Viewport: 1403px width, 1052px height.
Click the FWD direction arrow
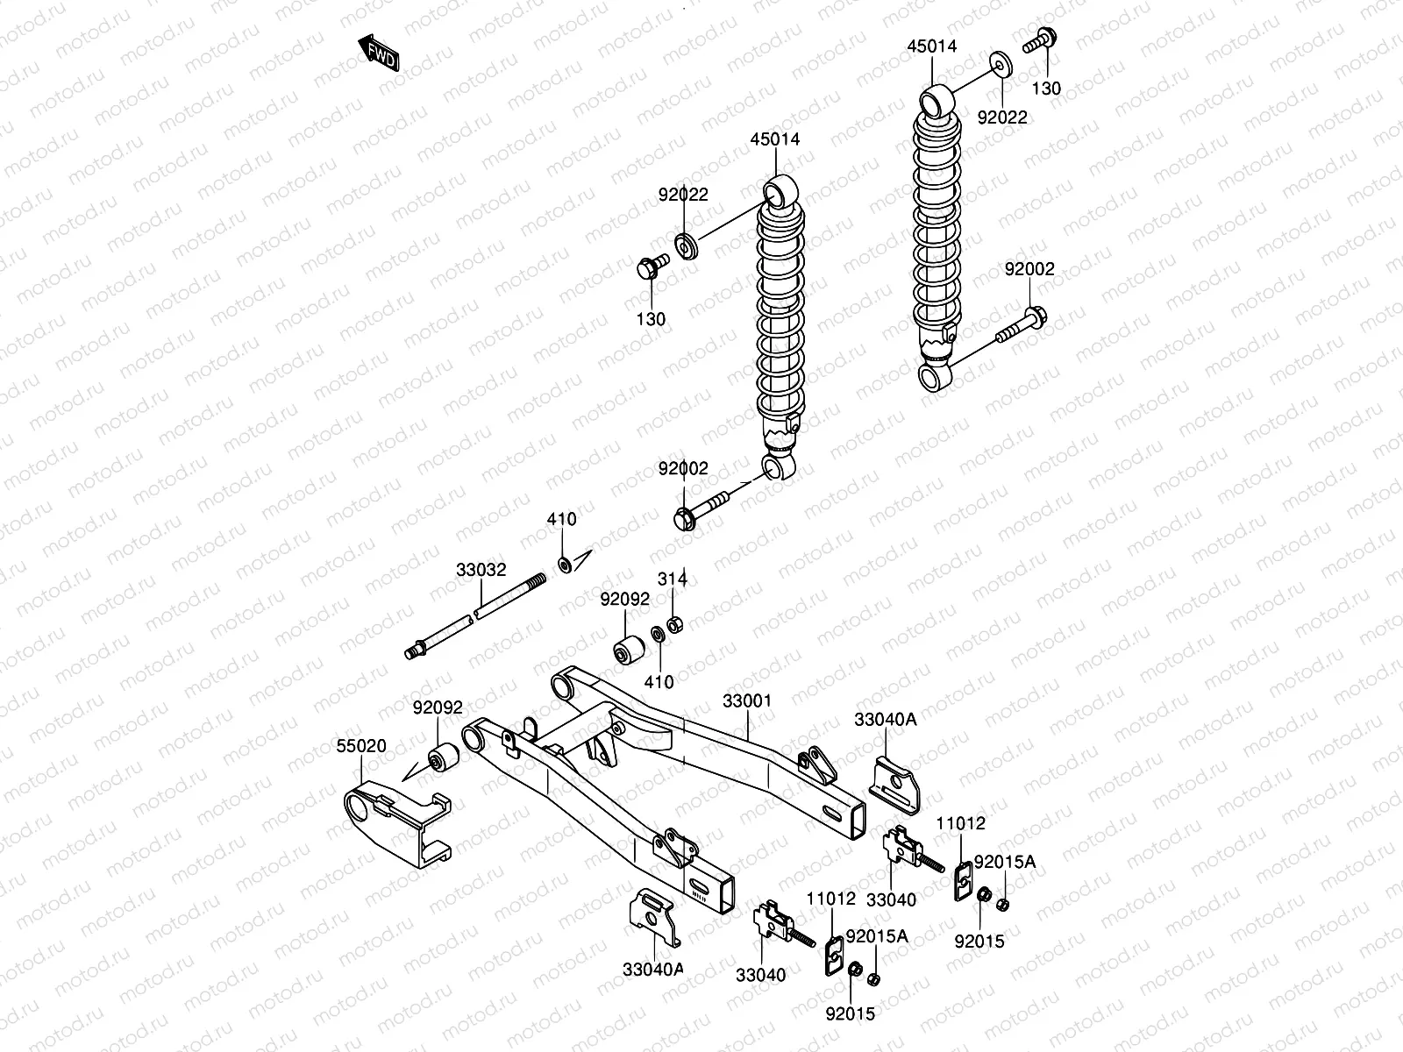click(x=379, y=53)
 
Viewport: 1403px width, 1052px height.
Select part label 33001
click(x=747, y=701)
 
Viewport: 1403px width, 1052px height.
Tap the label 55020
click(x=361, y=746)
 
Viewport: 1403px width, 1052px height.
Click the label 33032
click(x=481, y=569)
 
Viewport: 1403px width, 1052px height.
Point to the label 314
click(x=673, y=579)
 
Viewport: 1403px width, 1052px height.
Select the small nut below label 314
click(x=675, y=625)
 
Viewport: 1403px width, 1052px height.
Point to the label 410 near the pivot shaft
click(x=562, y=519)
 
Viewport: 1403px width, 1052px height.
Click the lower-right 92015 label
click(x=979, y=942)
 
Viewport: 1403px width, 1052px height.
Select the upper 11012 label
click(x=960, y=824)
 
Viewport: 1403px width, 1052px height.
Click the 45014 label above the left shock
click(x=774, y=139)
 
